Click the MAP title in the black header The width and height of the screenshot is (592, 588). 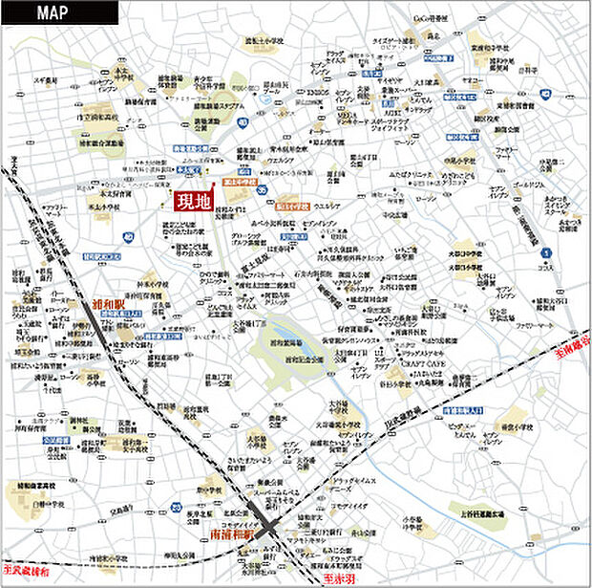pos(57,12)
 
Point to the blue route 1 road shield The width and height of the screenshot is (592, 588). pos(545,250)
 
